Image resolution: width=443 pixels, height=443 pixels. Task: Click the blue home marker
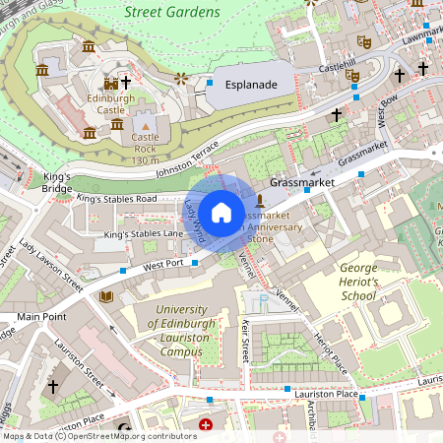pyautogui.click(x=221, y=212)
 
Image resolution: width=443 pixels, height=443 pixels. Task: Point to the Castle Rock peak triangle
pyautogui.click(x=146, y=127)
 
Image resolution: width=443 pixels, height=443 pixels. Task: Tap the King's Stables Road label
pyautogui.click(x=117, y=199)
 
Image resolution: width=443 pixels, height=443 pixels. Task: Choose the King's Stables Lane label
pyautogui.click(x=144, y=234)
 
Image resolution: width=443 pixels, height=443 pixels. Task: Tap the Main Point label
pyautogui.click(x=40, y=317)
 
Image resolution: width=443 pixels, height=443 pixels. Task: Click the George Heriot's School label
pyautogui.click(x=358, y=282)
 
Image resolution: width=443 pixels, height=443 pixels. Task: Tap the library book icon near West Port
pyautogui.click(x=107, y=295)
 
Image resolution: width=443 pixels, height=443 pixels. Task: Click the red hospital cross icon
pyautogui.click(x=206, y=425)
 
